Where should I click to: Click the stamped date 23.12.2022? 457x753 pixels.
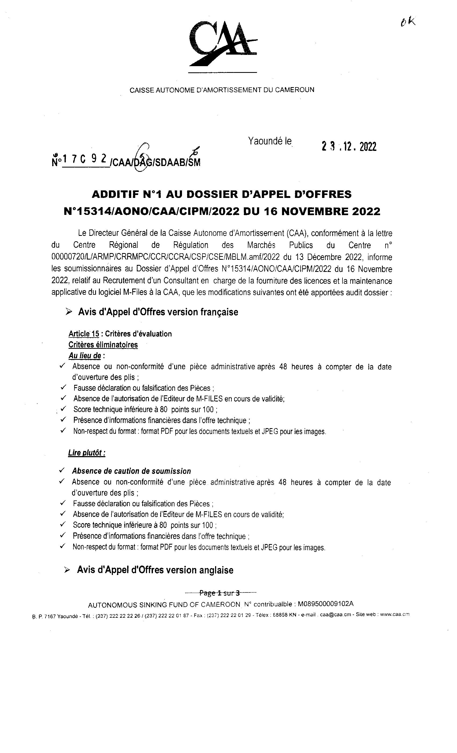pos(349,147)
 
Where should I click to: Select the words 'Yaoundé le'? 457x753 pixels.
pos(270,141)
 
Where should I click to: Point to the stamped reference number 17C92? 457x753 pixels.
pos(84,159)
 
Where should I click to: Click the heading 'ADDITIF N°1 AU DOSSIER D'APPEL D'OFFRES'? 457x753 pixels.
pos(222,194)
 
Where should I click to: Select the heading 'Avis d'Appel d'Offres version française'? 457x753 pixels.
pos(158,312)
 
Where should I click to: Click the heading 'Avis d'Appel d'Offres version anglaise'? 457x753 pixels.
pos(155,570)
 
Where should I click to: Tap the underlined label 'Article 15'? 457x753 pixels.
pos(84,334)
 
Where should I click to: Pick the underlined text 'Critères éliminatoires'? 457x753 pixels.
pos(103,345)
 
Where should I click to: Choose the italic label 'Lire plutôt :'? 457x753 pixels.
pos(87,453)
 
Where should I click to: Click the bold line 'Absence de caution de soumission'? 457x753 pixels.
pos(131,471)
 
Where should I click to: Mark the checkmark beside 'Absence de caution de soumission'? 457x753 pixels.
pos(62,470)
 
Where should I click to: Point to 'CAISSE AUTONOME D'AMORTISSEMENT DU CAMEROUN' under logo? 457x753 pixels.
pos(222,90)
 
